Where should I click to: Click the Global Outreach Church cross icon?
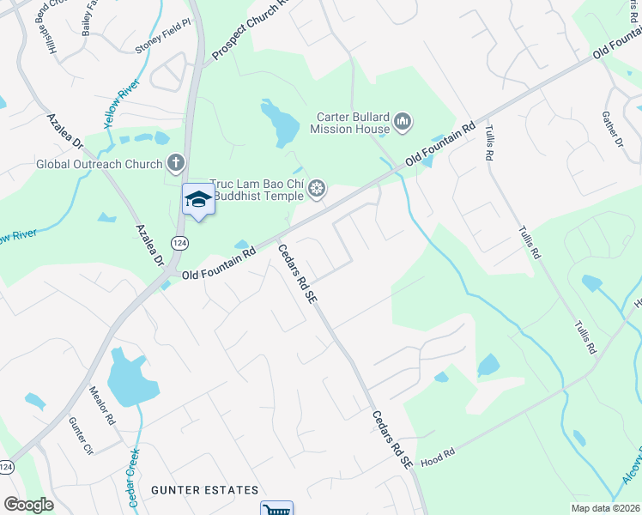[176, 163]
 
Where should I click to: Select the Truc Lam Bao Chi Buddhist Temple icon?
[318, 189]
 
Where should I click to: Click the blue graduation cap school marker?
[198, 199]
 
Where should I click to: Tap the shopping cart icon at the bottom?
[276, 510]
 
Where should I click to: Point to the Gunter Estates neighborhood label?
[204, 490]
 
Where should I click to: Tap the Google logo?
[28, 505]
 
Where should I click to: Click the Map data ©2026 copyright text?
[604, 508]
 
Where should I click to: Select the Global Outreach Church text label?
[99, 164]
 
